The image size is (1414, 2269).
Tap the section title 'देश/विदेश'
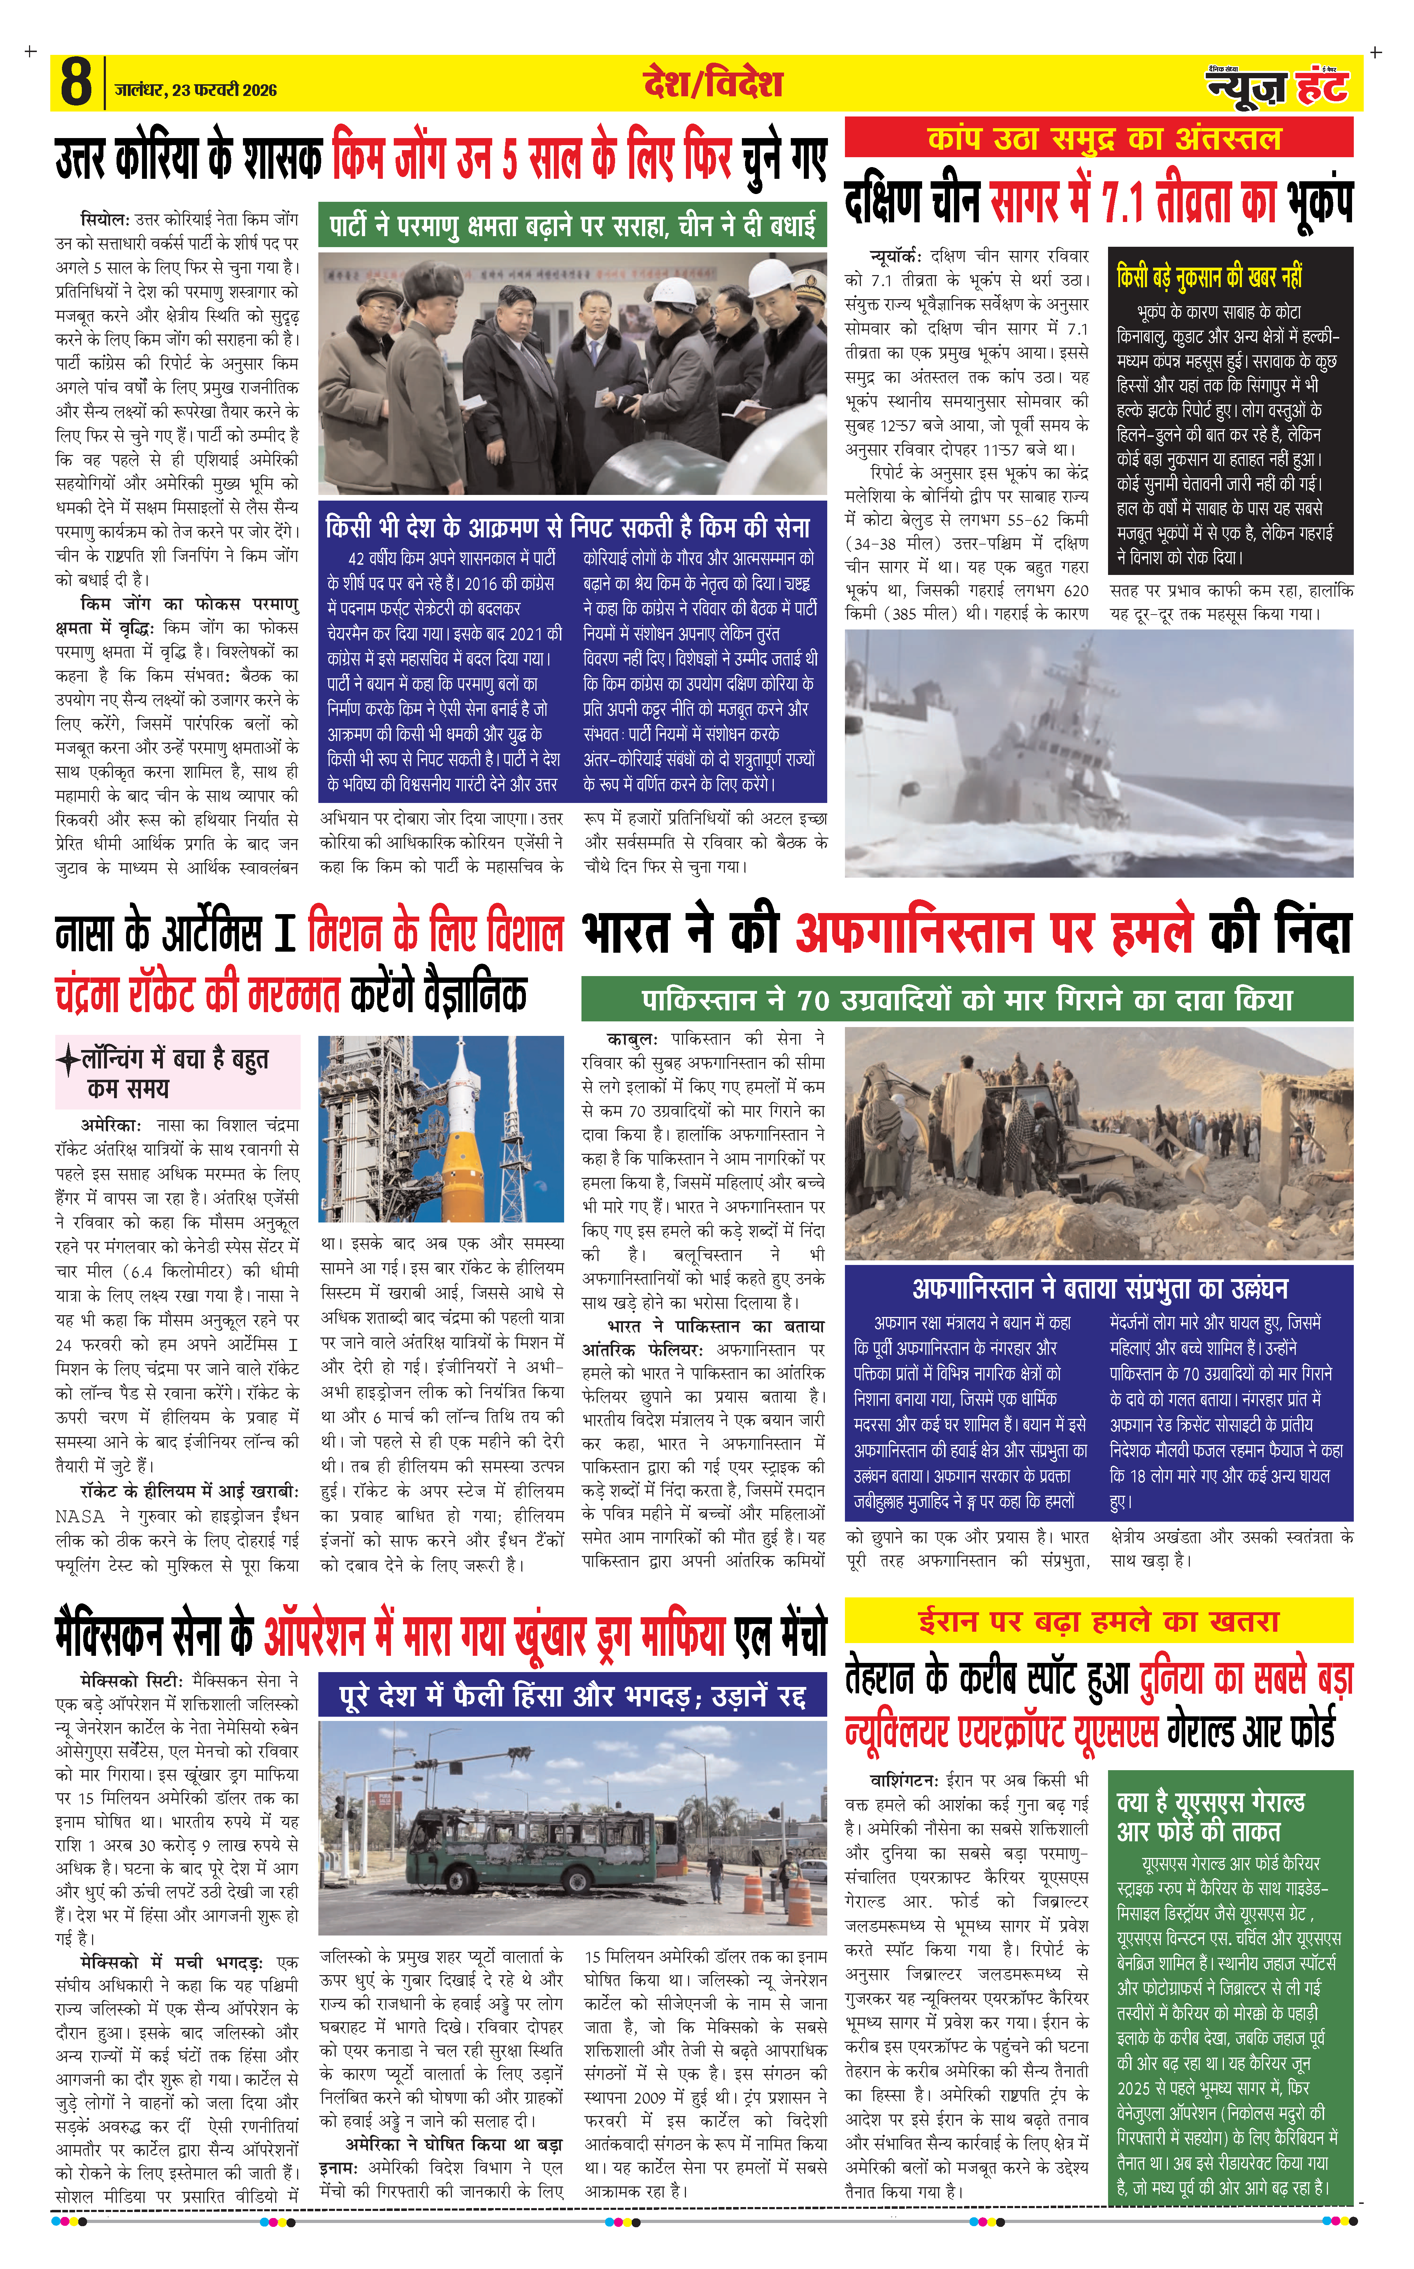pyautogui.click(x=712, y=83)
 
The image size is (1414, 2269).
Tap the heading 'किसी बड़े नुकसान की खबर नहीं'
pyautogui.click(x=1209, y=278)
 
